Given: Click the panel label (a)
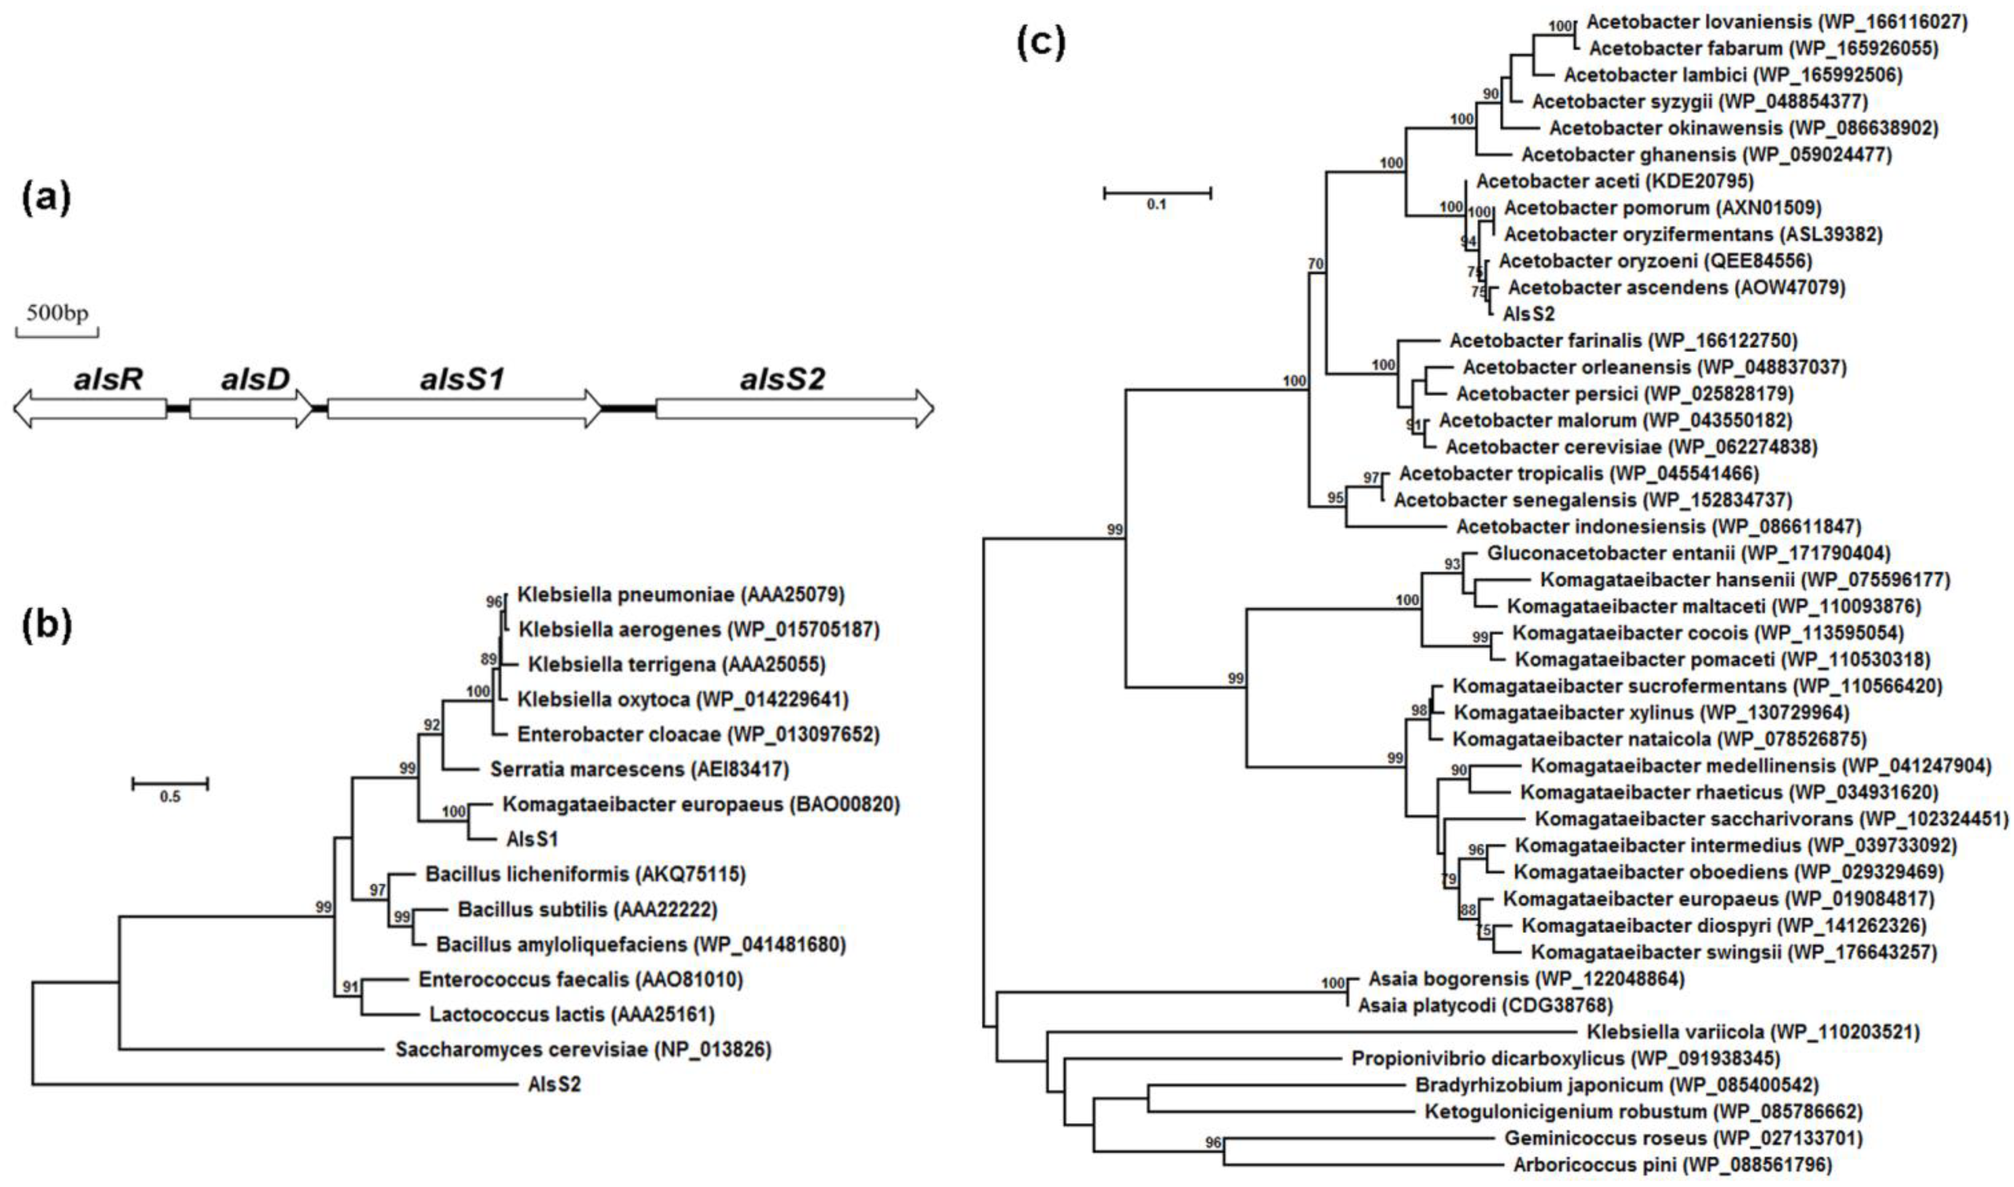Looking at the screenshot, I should point(45,197).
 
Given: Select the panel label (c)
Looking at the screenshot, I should point(1040,42).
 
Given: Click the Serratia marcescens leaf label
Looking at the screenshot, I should point(639,770).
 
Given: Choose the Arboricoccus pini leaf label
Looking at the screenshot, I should point(1671,1165).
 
